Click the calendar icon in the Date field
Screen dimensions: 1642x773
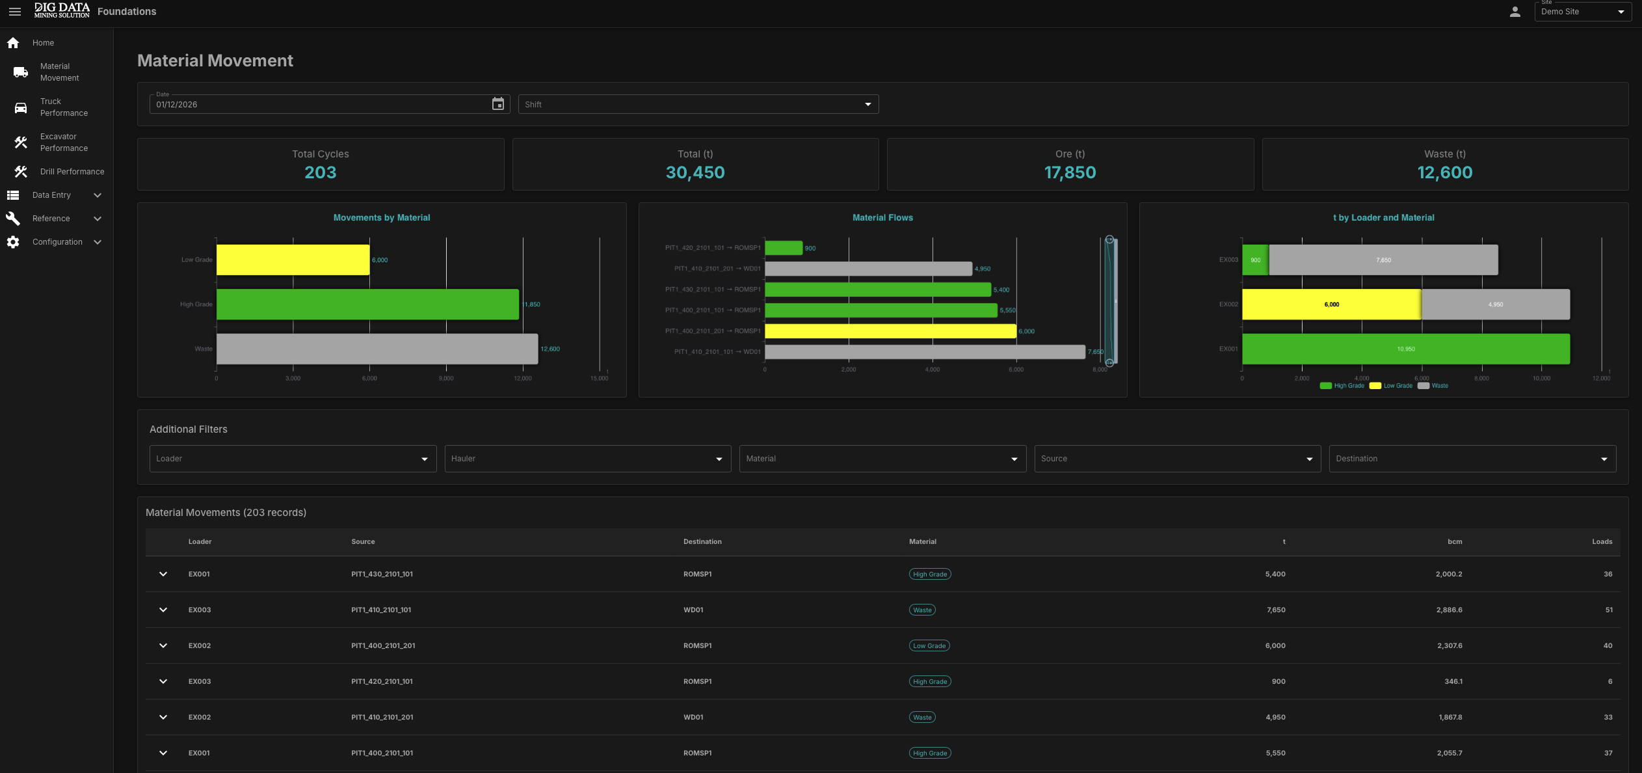[x=498, y=104]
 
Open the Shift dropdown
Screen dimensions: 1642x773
[x=698, y=104]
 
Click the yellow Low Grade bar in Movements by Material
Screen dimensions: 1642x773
[x=293, y=260]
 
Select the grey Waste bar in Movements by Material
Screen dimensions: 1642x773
[x=377, y=349]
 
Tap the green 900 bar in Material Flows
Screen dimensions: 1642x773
[x=784, y=248]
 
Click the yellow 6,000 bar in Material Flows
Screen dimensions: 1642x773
[x=890, y=331]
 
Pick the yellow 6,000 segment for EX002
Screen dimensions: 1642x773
[x=1331, y=305]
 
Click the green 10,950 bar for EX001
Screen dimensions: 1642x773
[x=1406, y=349]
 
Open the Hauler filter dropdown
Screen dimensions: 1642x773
[x=588, y=459]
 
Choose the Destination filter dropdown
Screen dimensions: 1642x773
[x=1472, y=459]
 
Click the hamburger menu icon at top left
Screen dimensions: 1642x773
[x=15, y=12]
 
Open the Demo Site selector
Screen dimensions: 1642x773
[x=1583, y=12]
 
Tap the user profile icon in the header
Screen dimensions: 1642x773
[x=1515, y=12]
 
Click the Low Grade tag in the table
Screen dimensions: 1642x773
[x=929, y=645]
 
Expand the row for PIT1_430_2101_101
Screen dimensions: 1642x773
[x=163, y=574]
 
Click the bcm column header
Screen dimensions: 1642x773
[x=1455, y=541]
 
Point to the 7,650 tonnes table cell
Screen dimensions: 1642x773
[x=1276, y=610]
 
